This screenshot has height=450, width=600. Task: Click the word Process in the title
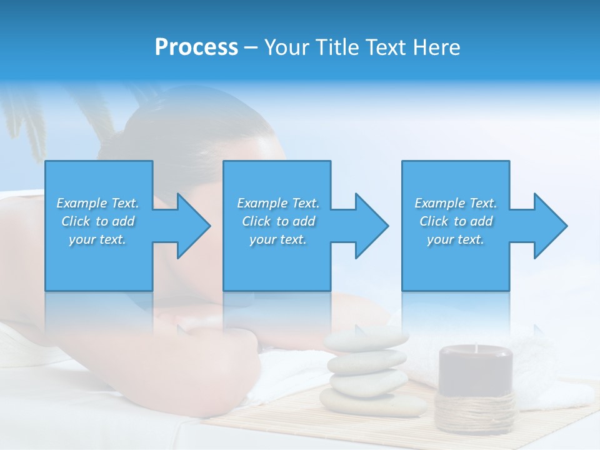pyautogui.click(x=196, y=47)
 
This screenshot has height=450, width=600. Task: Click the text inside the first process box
pyautogui.click(x=98, y=221)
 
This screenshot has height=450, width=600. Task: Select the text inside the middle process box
pyautogui.click(x=278, y=221)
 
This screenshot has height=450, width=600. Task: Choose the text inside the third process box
pyautogui.click(x=456, y=221)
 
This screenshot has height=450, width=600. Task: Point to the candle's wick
pyautogui.click(x=476, y=347)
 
